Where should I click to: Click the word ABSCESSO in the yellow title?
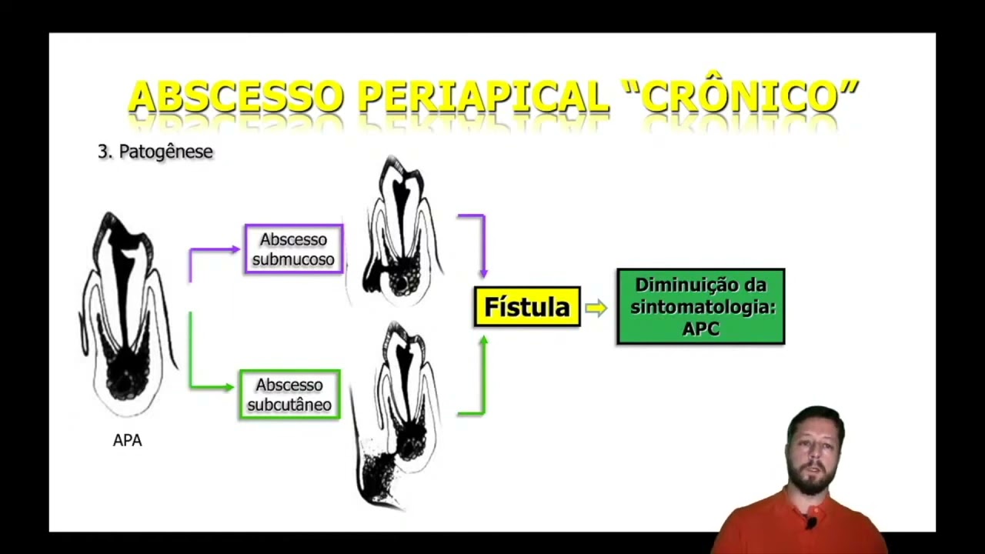(235, 98)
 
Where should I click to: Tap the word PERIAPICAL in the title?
(483, 98)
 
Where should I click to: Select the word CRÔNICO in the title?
(742, 98)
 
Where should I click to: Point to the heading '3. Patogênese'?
(155, 152)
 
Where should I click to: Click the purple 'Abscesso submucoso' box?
(293, 249)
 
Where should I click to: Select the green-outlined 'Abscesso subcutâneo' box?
(289, 395)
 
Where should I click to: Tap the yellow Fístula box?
(527, 307)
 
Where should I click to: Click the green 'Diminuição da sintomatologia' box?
(700, 306)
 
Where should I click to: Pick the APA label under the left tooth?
(127, 440)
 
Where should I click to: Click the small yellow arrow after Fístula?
(596, 308)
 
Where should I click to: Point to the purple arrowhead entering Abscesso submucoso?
(235, 249)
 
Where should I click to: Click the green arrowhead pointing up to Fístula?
(483, 339)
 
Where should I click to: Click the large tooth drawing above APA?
(127, 315)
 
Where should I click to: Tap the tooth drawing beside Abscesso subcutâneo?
(396, 415)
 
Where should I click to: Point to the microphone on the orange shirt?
(810, 523)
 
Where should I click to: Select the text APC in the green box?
(700, 329)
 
